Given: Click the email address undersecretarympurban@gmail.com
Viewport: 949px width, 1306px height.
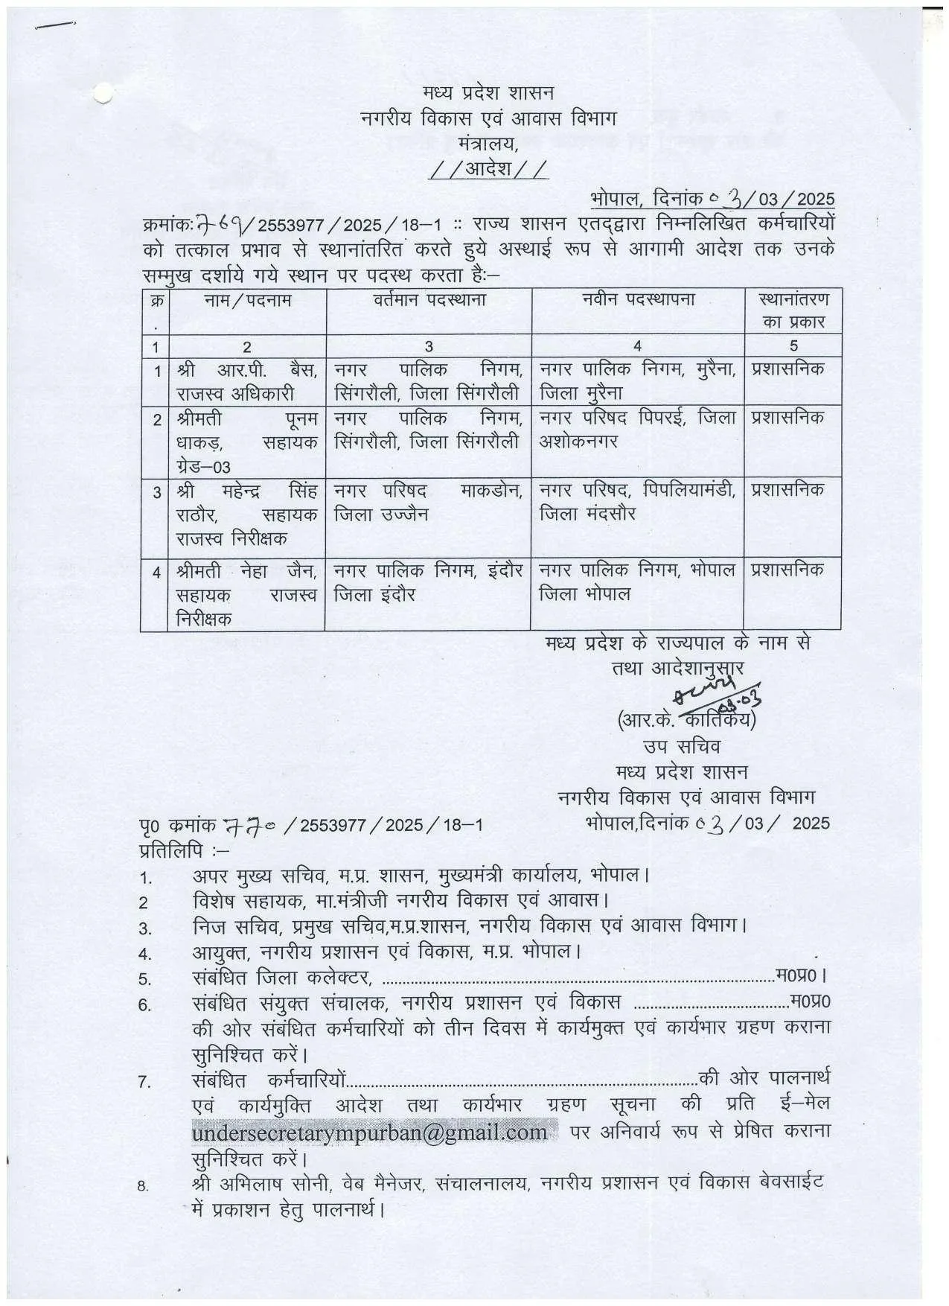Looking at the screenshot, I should click(x=370, y=1133).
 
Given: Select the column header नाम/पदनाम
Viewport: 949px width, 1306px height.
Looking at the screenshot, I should click(x=249, y=301).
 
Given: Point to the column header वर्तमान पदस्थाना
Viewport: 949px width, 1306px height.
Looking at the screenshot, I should click(x=429, y=301).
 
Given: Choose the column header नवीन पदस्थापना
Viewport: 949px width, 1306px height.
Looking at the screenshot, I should click(x=638, y=300).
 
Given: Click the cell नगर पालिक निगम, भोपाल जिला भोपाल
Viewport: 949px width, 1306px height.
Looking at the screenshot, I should click(x=638, y=582).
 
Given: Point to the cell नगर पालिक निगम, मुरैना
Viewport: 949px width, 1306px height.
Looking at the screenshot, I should click(x=638, y=380).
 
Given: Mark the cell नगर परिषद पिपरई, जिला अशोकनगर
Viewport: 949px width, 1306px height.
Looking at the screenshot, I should click(x=638, y=430).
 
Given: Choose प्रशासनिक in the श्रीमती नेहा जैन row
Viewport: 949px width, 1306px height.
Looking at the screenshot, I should click(x=788, y=570).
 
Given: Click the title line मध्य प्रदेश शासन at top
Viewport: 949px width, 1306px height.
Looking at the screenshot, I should click(x=488, y=93).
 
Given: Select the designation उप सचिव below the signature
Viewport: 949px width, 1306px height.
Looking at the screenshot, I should click(x=682, y=745).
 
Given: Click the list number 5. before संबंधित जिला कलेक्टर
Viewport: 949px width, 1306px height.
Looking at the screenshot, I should click(x=145, y=978).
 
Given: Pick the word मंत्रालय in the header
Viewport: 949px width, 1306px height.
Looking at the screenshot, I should click(x=488, y=143).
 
